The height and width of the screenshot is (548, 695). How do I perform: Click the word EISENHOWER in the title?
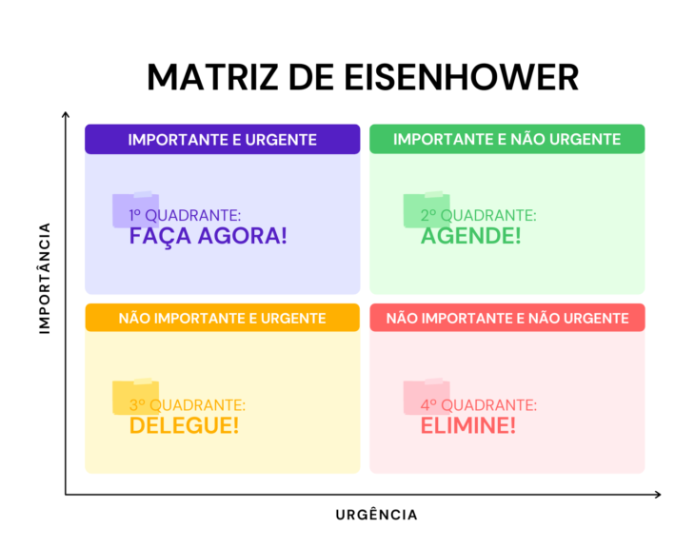click(x=462, y=77)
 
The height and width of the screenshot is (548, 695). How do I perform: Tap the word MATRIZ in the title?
click(x=213, y=77)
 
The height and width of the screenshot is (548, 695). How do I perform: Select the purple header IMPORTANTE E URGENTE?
click(x=223, y=139)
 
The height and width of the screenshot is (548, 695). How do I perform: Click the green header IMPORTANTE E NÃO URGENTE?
click(x=507, y=139)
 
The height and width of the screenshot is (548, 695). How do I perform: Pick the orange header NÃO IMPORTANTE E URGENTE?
click(x=223, y=318)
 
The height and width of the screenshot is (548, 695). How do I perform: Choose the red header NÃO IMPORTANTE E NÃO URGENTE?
click(x=507, y=318)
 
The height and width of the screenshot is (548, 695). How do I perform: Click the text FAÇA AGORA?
click(x=208, y=236)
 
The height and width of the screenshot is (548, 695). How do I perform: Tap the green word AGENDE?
click(x=470, y=236)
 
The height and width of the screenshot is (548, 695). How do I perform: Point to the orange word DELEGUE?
click(x=185, y=425)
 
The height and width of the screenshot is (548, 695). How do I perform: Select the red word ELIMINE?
click(x=468, y=425)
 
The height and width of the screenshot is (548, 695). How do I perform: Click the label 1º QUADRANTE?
click(x=185, y=215)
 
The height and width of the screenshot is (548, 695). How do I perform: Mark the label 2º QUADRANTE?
click(x=478, y=215)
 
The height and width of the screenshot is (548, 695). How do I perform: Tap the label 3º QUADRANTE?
click(x=188, y=405)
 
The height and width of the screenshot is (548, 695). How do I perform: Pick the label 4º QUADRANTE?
click(x=479, y=405)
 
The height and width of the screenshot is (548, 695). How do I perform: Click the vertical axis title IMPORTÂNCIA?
click(x=45, y=278)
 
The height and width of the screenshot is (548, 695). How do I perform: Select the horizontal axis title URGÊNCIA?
click(x=376, y=515)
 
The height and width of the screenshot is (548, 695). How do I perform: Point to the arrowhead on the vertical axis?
click(x=66, y=115)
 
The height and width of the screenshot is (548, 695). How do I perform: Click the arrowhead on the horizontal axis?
click(x=658, y=495)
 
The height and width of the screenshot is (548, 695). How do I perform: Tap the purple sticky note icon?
click(x=135, y=209)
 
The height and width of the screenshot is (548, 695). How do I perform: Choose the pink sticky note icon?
click(x=427, y=397)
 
